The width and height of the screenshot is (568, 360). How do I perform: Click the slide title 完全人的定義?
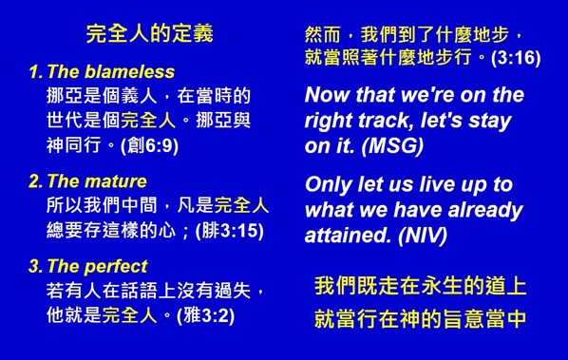(x=149, y=34)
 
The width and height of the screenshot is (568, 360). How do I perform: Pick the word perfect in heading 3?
(x=118, y=267)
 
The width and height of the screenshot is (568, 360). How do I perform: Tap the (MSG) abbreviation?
(x=390, y=147)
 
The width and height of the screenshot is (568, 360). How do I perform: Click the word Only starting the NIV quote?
(x=327, y=184)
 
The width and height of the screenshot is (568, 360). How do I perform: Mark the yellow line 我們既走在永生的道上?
(x=420, y=286)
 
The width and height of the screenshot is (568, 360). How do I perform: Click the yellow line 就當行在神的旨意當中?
(x=420, y=319)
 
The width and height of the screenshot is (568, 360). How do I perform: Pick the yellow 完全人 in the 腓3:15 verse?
(x=241, y=205)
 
